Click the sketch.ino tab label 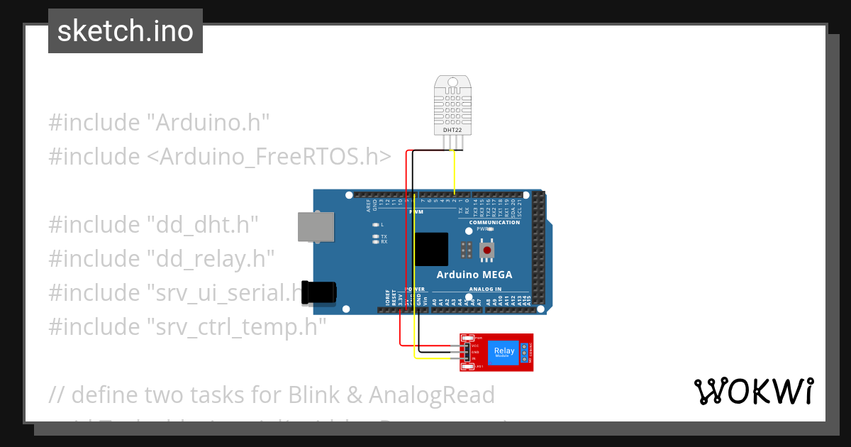126,31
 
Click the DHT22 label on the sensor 452,131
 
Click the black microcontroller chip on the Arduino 431,249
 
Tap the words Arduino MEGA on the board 474,275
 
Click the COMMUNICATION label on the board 494,222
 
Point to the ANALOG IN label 485,289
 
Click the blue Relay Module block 504,351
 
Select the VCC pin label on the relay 475,346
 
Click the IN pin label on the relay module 474,358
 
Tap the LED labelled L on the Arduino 375,225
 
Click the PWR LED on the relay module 469,338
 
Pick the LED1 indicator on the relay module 469,366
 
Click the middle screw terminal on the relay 524,352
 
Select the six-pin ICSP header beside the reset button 466,250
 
